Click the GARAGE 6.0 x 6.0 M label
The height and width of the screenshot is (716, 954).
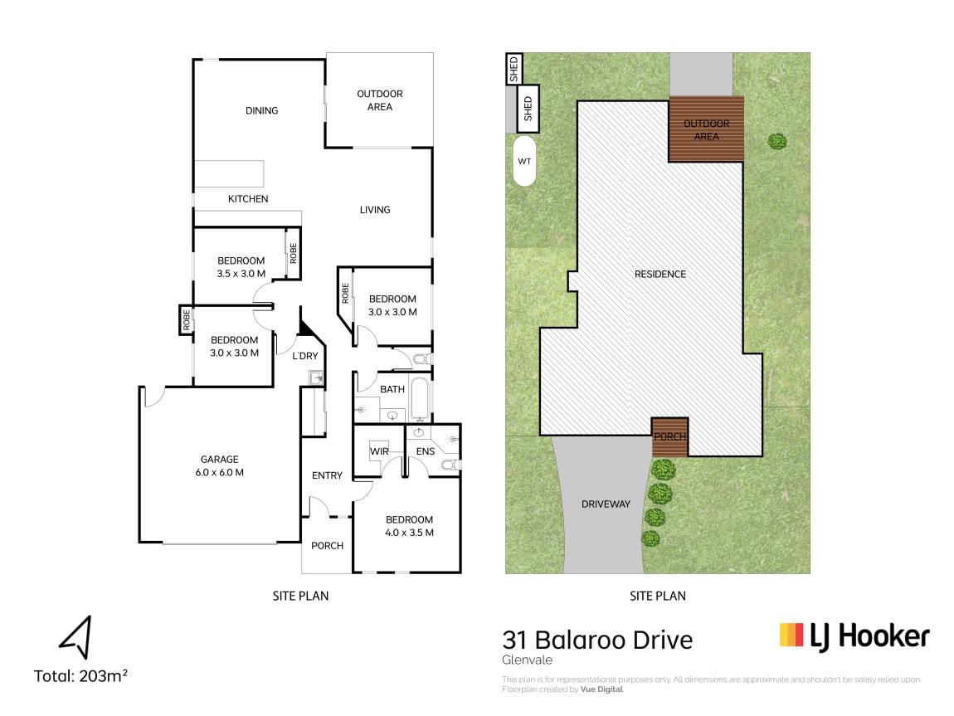220,466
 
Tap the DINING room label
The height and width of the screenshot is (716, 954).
261,110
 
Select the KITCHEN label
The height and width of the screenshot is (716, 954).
248,199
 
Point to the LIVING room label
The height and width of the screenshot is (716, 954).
375,210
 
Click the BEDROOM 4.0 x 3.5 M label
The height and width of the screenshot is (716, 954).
410,526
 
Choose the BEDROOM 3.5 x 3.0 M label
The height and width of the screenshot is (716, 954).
241,267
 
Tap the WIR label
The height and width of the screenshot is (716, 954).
379,451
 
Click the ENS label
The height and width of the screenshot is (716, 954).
426,451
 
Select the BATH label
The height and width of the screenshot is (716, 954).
392,389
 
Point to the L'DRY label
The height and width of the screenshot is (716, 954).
304,356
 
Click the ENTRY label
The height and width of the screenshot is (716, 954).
328,475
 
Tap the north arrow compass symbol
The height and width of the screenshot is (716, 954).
76,637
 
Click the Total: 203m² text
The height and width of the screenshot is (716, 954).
80,676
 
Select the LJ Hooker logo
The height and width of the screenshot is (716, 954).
854,636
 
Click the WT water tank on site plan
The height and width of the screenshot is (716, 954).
524,161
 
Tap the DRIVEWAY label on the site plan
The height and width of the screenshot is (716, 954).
606,504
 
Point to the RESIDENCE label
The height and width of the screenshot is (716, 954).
660,275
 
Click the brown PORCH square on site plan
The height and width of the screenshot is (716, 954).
669,436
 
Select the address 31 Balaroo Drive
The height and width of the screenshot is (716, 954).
597,640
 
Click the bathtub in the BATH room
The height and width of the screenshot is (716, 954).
421,399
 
